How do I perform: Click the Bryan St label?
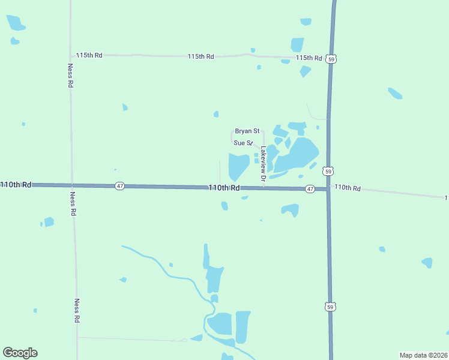[247, 131]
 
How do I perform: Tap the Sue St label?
[243, 143]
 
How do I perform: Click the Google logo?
[20, 353]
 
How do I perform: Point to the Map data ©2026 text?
[423, 355]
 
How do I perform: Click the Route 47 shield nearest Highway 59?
[310, 188]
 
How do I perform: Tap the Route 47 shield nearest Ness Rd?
[120, 186]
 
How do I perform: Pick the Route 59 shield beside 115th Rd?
[331, 59]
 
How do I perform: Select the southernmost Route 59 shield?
[330, 307]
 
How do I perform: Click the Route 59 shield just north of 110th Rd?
[328, 171]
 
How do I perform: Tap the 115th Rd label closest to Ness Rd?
[89, 55]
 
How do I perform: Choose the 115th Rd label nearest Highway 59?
[309, 58]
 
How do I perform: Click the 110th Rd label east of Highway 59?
[348, 188]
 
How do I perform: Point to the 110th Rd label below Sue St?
[224, 188]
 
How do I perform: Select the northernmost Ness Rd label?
[70, 76]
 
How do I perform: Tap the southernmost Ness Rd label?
[77, 311]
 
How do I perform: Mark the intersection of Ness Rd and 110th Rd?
[72, 185]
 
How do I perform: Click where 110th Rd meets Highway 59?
[328, 189]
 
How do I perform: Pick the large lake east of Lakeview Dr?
[298, 155]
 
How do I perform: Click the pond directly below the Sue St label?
[238, 166]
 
